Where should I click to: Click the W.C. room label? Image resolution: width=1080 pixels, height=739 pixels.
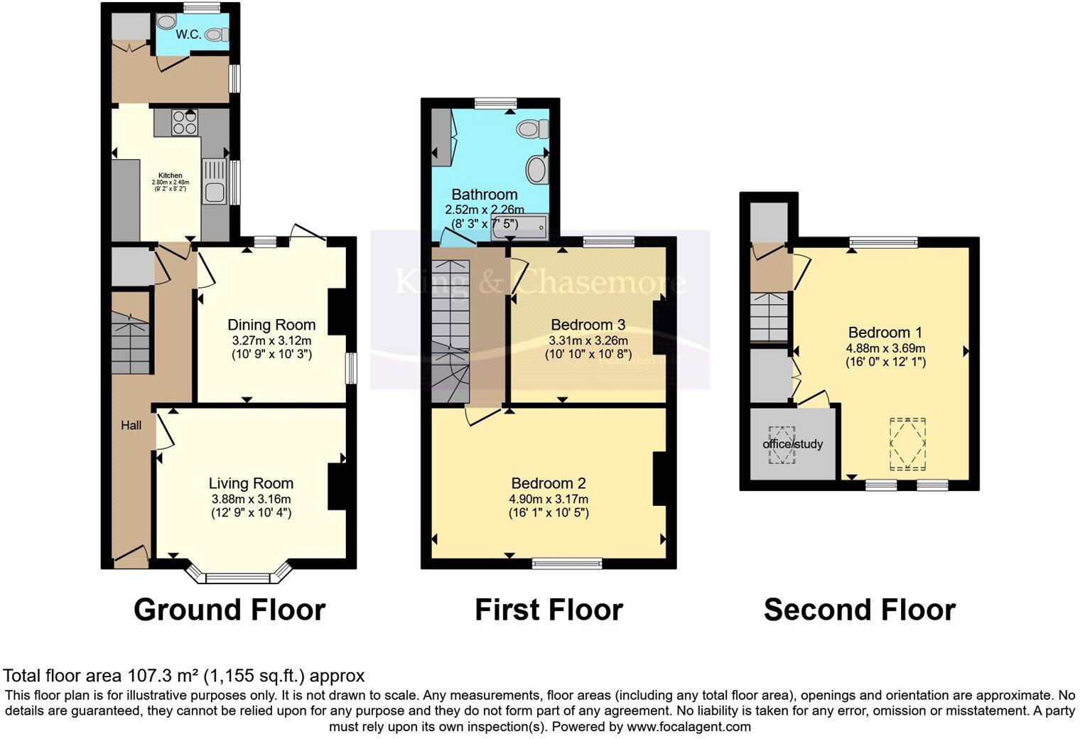(188, 34)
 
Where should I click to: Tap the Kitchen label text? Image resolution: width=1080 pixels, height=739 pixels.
(170, 176)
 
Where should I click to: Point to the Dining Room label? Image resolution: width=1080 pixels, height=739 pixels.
(271, 325)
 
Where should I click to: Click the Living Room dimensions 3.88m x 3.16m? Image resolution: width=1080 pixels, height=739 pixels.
(251, 499)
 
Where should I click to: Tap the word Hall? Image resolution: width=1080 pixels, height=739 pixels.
(131, 426)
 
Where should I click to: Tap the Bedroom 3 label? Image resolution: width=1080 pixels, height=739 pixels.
(588, 325)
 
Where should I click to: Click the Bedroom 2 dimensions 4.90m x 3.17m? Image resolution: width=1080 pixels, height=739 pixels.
(548, 499)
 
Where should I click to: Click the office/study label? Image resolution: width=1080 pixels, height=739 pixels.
(793, 444)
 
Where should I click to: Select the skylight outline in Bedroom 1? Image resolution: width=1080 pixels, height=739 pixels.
(909, 443)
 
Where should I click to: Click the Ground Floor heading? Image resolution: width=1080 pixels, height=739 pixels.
(229, 610)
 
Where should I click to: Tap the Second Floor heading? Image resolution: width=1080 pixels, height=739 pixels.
(859, 610)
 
